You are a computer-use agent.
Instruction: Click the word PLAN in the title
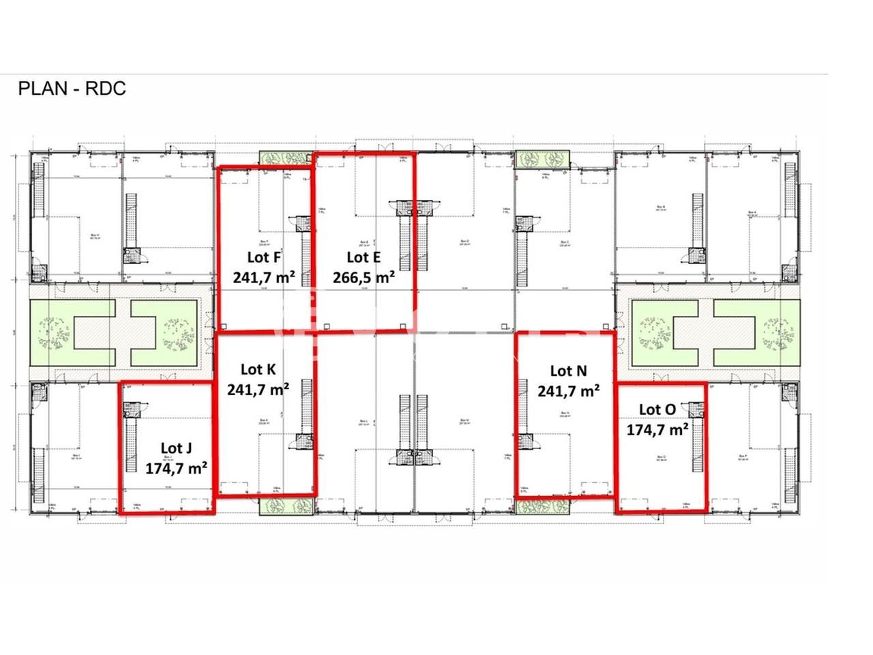[x=42, y=89]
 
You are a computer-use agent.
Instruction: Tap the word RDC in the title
[x=106, y=89]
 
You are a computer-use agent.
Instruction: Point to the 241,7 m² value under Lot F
[x=264, y=277]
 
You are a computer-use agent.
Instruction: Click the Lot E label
[x=364, y=257]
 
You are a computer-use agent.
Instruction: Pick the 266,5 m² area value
[x=364, y=277]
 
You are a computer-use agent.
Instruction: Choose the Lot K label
[x=258, y=369]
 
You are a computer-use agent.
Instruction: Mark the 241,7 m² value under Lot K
[x=258, y=389]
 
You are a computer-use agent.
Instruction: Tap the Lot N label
[x=568, y=370]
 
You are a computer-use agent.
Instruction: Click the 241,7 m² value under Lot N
[x=569, y=390]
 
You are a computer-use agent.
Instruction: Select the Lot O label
[x=657, y=409]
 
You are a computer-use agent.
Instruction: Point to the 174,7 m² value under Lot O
[x=657, y=429]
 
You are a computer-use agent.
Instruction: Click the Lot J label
[x=176, y=448]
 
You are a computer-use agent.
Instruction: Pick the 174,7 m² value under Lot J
[x=177, y=468]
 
